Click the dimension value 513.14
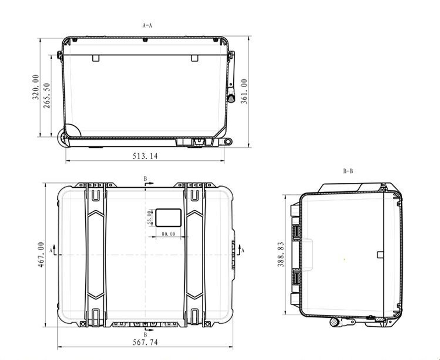(145, 156)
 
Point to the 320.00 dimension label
(35, 87)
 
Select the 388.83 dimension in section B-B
(280, 254)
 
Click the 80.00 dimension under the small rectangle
(168, 234)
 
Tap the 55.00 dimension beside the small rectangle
(149, 217)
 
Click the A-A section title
(147, 25)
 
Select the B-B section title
(348, 171)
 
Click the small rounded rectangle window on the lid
(167, 217)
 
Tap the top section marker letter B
(145, 179)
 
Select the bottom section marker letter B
(145, 335)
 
